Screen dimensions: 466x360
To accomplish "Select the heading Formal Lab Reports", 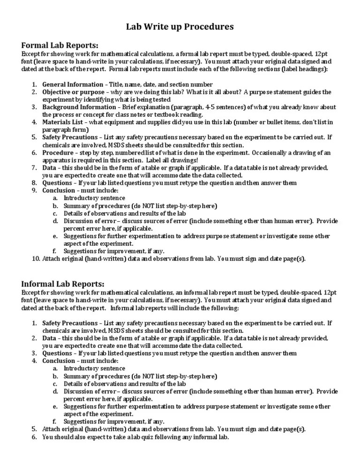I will tap(60, 45).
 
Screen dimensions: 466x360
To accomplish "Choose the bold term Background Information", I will tap(75, 107).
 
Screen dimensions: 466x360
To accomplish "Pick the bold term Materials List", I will tap(62, 122).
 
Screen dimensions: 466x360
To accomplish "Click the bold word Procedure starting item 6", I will tap(58, 153).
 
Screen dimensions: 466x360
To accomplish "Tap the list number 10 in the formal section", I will tap(36, 258).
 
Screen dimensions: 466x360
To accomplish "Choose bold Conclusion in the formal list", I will tap(59, 190).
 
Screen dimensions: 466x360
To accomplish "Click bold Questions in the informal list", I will tap(57, 353).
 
